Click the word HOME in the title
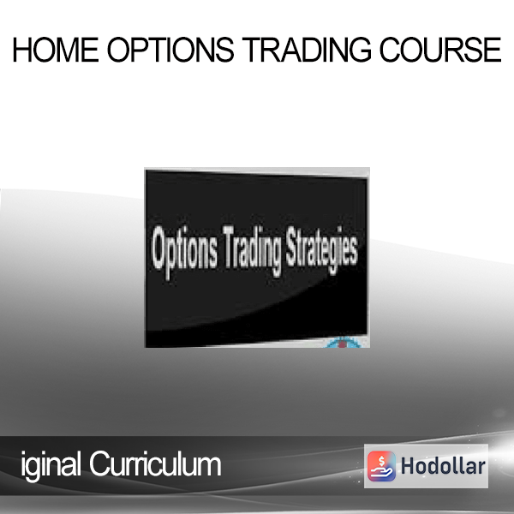56,50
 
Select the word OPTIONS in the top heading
170,50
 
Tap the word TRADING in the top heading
307,50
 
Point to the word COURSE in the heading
440,50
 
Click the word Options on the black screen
184,251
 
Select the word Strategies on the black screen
321,250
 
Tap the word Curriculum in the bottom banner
155,464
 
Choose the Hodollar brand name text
443,466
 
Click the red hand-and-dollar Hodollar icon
381,466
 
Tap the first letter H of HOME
22,50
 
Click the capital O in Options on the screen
161,248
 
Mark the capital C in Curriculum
100,464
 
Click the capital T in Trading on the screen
230,246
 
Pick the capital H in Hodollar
408,466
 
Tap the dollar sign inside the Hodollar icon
381,461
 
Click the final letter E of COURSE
493,50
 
